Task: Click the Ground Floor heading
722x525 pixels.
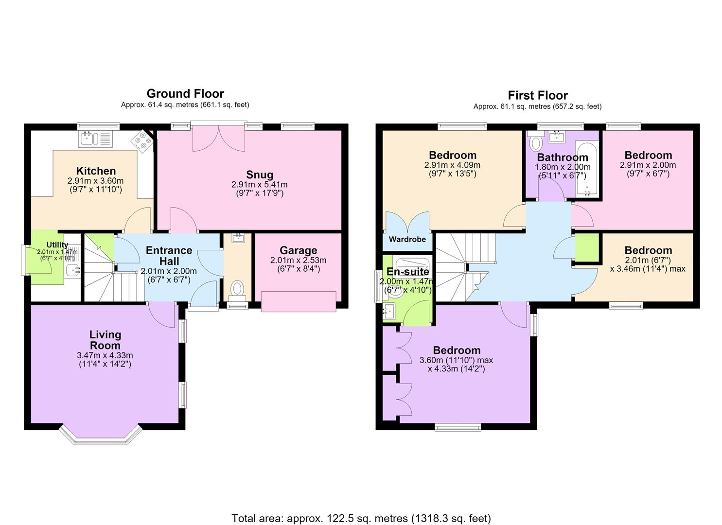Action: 185,94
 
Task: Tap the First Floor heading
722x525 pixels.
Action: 538,95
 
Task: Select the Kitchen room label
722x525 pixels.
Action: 96,171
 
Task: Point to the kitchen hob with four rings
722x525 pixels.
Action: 142,141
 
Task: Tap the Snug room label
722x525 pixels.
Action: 260,175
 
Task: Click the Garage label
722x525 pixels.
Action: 298,250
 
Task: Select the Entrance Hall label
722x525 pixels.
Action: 169,256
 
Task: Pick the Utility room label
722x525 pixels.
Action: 57,245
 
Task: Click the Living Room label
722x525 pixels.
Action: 105,340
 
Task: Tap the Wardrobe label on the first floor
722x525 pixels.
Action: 407,240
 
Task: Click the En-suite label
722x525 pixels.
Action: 407,272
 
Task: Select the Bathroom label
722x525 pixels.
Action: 563,157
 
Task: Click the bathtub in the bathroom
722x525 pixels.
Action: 587,169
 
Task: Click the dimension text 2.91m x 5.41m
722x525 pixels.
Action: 260,185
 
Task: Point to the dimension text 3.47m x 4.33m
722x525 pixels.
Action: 105,355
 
